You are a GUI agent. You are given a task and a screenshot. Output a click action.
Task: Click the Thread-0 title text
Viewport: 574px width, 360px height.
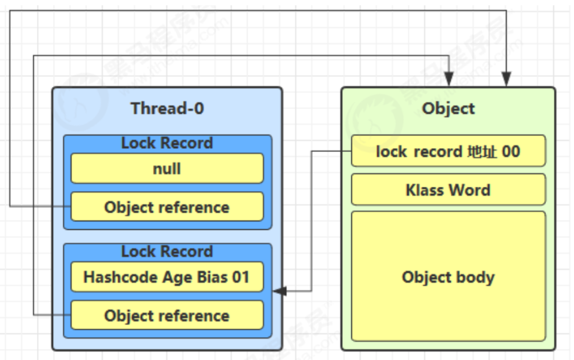167,109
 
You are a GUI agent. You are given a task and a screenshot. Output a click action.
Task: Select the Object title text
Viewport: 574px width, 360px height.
449,109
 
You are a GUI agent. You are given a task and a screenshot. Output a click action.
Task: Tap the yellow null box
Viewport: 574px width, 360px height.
167,168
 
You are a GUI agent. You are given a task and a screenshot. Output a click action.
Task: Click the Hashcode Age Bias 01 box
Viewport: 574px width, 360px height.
167,277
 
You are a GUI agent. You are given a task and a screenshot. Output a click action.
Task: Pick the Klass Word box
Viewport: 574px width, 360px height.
449,190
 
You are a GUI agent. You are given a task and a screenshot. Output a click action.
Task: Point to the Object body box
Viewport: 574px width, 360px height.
449,276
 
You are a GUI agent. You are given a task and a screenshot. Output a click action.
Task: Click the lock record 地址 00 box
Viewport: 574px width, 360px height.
449,151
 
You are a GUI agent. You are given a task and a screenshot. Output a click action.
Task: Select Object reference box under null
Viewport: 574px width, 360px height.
167,206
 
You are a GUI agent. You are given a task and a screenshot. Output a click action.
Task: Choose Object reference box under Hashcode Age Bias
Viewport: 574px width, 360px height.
167,315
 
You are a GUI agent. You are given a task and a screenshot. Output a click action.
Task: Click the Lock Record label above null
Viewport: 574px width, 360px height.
167,143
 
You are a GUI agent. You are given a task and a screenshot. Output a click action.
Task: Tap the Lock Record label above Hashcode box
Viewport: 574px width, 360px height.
167,251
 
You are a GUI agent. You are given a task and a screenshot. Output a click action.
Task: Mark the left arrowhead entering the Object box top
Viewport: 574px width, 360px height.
449,79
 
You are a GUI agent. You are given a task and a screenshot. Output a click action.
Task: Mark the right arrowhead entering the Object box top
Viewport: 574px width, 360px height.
506,79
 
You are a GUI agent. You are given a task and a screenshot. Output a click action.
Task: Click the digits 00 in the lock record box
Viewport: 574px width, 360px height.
511,151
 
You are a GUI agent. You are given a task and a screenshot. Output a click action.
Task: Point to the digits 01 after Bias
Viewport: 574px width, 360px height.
241,277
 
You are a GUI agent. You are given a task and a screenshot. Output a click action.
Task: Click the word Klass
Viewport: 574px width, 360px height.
425,190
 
